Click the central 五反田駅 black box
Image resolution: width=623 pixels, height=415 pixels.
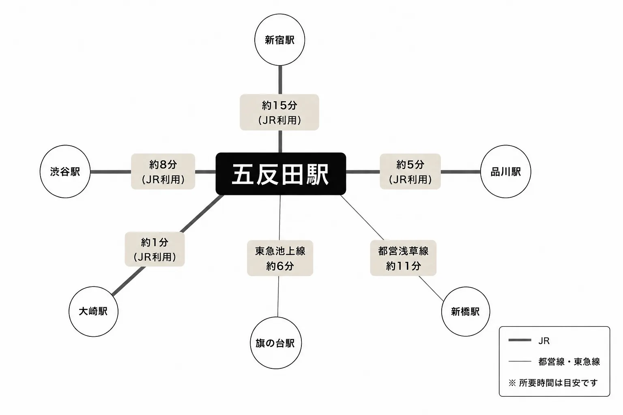(x=281, y=174)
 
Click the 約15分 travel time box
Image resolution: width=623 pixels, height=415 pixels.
(x=279, y=112)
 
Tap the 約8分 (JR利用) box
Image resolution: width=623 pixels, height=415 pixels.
(x=163, y=171)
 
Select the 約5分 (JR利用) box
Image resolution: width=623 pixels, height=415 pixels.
(x=410, y=171)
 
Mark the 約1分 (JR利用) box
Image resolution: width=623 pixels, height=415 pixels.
(x=155, y=249)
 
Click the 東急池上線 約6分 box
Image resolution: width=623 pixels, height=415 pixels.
(x=280, y=258)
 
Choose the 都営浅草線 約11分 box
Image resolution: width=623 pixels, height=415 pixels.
(x=403, y=258)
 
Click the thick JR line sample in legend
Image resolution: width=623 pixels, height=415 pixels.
(x=520, y=340)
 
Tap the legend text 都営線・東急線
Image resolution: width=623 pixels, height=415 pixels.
(x=569, y=362)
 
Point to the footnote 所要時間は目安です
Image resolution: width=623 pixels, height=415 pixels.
(x=558, y=383)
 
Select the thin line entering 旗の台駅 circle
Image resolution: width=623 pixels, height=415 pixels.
(x=278, y=297)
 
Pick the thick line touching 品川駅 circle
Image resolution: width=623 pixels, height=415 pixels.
(x=461, y=172)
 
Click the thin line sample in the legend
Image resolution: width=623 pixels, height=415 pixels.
(x=520, y=362)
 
